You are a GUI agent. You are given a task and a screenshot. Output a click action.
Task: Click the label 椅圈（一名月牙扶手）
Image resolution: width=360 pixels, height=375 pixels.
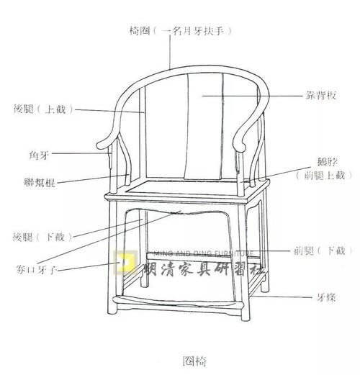point(181,31)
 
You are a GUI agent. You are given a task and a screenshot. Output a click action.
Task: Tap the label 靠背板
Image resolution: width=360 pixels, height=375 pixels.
point(321,96)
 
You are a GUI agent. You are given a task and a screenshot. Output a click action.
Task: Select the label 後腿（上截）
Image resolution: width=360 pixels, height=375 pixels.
point(43,109)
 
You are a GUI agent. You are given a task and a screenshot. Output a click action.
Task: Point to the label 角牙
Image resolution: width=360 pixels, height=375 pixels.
point(39,155)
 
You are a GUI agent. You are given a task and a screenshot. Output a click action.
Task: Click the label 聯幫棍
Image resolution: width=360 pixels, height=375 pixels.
point(40,182)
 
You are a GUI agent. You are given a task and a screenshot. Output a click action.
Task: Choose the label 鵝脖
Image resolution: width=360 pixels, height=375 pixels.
point(328,162)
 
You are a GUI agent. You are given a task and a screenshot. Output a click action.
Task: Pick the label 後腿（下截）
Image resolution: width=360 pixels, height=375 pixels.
point(42,237)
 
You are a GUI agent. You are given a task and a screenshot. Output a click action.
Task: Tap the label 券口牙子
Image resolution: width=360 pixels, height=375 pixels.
point(36,270)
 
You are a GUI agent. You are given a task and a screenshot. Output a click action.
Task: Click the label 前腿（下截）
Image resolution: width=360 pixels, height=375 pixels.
point(323,251)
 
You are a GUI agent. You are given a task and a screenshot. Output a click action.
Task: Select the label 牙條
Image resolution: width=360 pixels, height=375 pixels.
point(326,298)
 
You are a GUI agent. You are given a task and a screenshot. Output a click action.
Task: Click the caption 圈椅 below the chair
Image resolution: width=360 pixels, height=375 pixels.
point(194,361)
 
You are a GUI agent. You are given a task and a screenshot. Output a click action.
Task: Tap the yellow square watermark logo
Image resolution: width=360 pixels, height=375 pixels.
point(125,262)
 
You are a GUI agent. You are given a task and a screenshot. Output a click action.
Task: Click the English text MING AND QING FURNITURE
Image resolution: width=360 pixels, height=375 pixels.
point(203,253)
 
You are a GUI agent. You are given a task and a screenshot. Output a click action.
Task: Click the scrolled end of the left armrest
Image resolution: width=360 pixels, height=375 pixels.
point(102,145)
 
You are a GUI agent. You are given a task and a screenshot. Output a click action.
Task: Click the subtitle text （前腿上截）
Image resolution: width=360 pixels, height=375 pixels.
point(324,176)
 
